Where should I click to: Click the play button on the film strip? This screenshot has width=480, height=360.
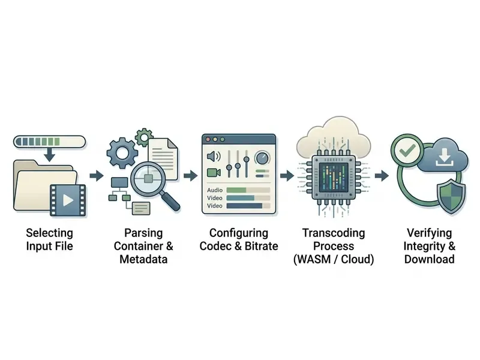click(68, 200)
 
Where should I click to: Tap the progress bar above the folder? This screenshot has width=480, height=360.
click(49, 142)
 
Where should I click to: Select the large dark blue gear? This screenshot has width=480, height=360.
click(122, 152)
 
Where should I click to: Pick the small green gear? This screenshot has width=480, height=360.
click(143, 137)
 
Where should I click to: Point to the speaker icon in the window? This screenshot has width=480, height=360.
click(214, 157)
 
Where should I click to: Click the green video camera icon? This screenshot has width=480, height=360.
click(214, 173)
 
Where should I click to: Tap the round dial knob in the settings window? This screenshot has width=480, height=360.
click(262, 158)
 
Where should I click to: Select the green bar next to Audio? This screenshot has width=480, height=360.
click(236, 190)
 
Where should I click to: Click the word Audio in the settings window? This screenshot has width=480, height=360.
click(215, 190)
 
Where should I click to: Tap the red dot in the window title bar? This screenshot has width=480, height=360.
click(208, 140)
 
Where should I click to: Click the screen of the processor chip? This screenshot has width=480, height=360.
click(334, 177)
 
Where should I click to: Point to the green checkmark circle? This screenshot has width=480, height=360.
click(407, 151)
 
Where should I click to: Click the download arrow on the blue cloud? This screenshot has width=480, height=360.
click(444, 157)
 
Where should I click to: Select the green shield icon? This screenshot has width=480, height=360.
click(451, 196)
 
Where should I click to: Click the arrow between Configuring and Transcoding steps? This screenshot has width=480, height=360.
click(287, 176)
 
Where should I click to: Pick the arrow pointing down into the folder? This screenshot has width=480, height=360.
click(49, 154)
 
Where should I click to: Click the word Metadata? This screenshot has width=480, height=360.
click(143, 259)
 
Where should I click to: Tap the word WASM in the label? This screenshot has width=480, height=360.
click(314, 259)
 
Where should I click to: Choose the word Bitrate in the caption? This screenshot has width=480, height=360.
click(261, 246)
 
